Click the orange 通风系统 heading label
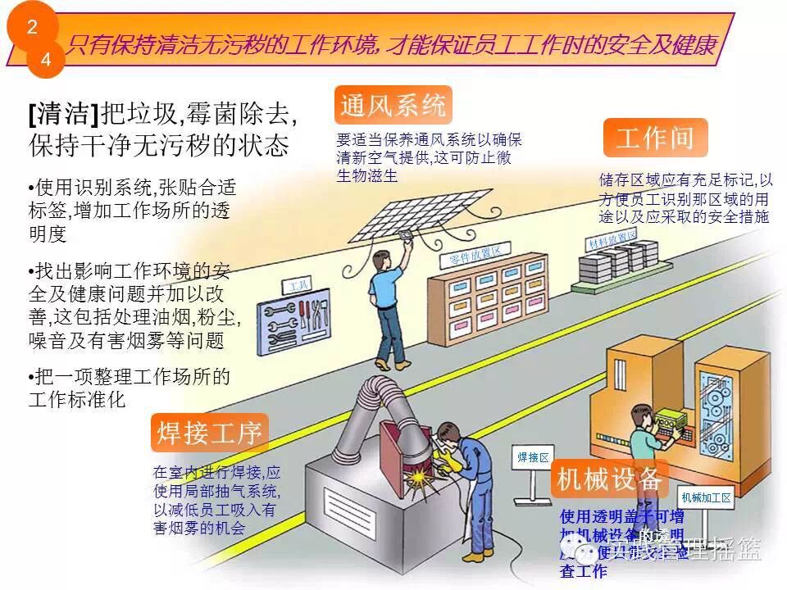point(393,106)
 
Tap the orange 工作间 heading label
point(655,138)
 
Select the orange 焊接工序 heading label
point(209,433)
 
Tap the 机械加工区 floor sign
point(706,497)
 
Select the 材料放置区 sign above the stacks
point(612,239)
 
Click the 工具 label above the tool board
point(298,286)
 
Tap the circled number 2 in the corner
point(32,26)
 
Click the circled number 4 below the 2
point(45,60)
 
